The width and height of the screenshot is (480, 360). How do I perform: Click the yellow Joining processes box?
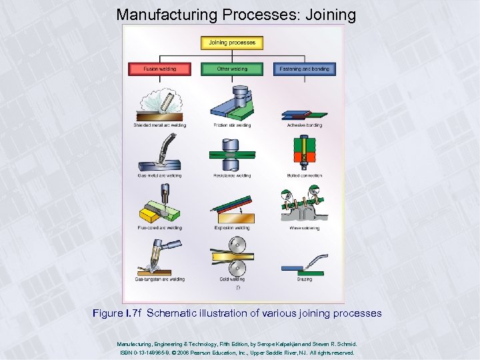click(x=232, y=43)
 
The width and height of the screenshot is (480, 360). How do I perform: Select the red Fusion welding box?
click(x=159, y=69)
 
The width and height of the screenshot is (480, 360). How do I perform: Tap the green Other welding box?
click(x=232, y=69)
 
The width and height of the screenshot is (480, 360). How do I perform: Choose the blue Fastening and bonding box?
click(x=304, y=69)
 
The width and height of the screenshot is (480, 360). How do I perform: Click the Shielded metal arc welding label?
click(x=159, y=125)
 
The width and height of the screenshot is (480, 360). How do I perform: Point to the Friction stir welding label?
click(x=232, y=125)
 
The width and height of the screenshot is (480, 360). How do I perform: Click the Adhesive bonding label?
click(x=304, y=125)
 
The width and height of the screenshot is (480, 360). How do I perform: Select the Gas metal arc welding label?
click(x=159, y=176)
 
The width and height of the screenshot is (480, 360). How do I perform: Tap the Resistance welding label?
click(x=232, y=176)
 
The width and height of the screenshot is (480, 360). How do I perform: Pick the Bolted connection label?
click(x=304, y=176)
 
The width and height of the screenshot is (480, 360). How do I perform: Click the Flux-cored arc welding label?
click(x=159, y=228)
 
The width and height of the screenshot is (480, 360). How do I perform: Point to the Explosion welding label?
click(x=232, y=228)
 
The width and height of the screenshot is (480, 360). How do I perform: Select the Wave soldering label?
click(x=304, y=228)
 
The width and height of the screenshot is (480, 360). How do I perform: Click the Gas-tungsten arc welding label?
click(x=159, y=279)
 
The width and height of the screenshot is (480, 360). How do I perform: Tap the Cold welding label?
click(x=232, y=279)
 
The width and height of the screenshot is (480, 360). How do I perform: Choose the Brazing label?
click(x=304, y=279)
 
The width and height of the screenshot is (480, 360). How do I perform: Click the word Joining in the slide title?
click(x=331, y=14)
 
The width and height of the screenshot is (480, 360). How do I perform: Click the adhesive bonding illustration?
click(x=304, y=113)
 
